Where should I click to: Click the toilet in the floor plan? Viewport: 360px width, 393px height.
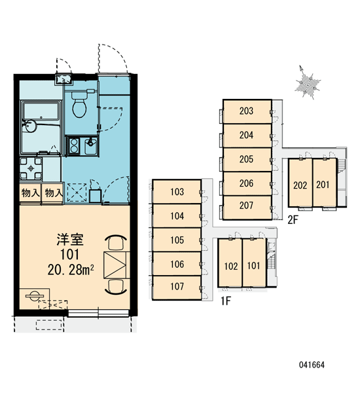click(79, 104)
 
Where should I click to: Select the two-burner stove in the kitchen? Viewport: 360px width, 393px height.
click(74, 145)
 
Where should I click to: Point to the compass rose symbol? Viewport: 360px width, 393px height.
click(308, 83)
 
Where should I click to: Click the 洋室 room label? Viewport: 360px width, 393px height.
click(70, 240)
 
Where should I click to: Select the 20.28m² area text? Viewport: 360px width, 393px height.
click(71, 270)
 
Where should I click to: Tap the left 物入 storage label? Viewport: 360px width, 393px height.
click(30, 193)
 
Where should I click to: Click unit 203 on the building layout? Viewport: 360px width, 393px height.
click(247, 111)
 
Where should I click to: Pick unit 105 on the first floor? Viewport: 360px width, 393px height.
click(177, 240)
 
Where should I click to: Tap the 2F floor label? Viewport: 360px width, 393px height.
click(293, 220)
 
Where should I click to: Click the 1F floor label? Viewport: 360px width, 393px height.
click(225, 301)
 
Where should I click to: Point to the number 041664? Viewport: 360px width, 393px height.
click(312, 365)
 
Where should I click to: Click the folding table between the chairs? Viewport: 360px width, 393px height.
click(117, 265)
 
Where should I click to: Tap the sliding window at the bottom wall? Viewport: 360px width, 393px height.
click(98, 313)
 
